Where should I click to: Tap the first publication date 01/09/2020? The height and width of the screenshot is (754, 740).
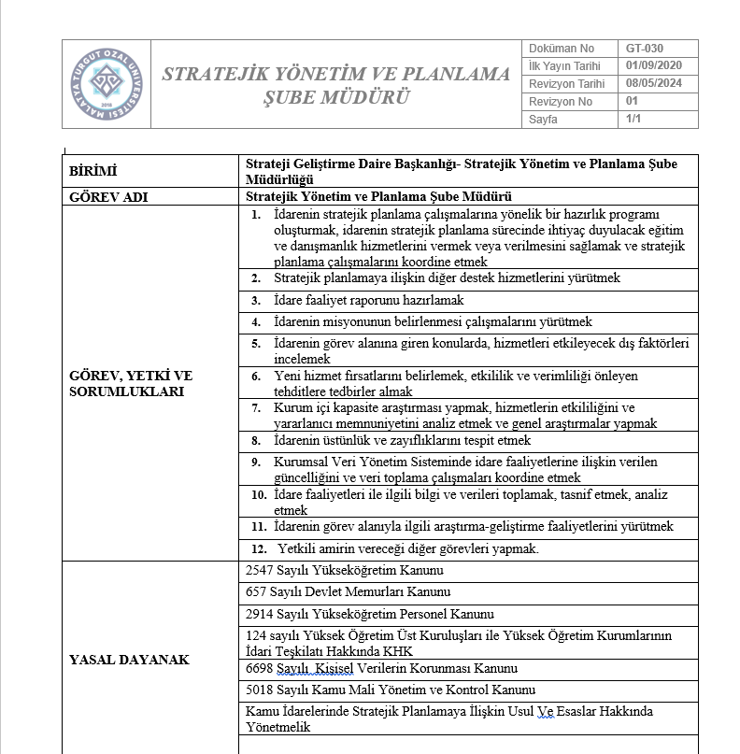click(x=654, y=66)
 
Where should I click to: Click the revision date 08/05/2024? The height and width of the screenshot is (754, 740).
click(x=654, y=84)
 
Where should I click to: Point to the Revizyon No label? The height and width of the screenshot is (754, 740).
click(x=561, y=102)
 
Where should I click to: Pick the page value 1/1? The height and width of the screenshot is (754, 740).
click(x=633, y=120)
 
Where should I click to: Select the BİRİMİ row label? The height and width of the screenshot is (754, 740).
click(x=95, y=171)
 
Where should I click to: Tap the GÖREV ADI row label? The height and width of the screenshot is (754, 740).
click(x=108, y=197)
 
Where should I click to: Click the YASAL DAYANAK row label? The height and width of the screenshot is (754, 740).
click(x=130, y=660)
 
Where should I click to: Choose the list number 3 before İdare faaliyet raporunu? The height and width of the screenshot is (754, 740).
click(x=255, y=301)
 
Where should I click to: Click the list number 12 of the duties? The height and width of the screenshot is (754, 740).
click(x=259, y=548)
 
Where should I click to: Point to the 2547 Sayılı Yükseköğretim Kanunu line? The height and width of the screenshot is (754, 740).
click(x=344, y=570)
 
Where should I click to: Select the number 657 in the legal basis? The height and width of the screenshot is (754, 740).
click(x=255, y=592)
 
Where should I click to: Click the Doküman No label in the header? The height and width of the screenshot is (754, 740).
click(x=562, y=49)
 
